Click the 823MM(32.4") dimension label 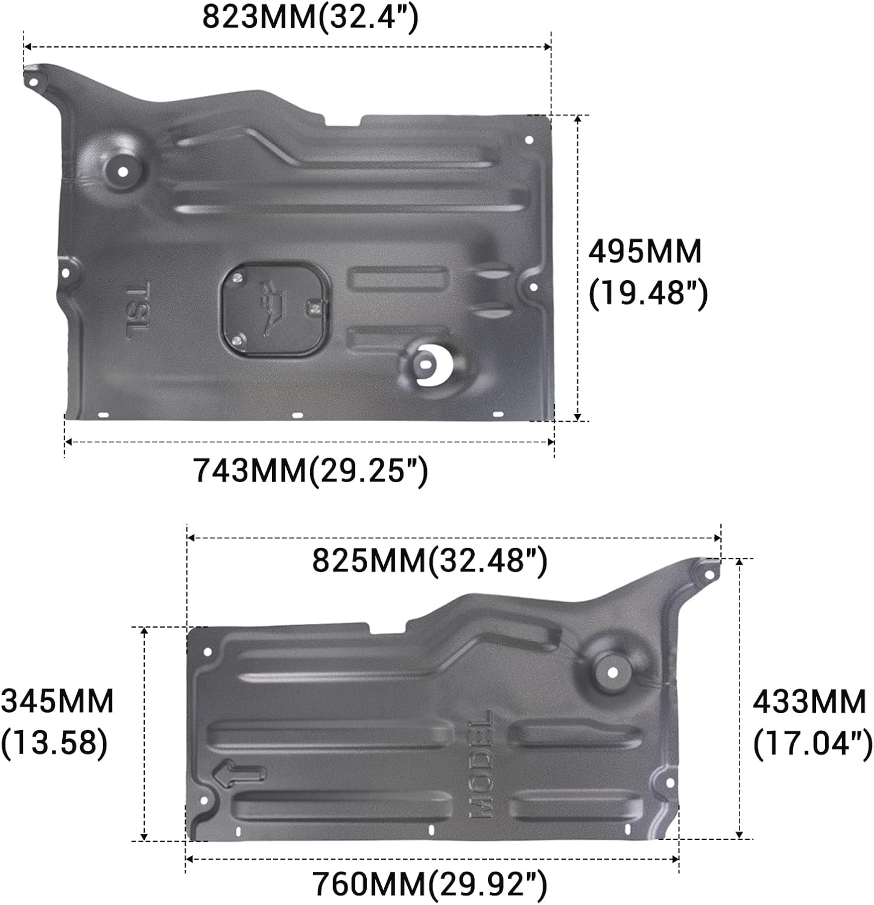[x=310, y=17]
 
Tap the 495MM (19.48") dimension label [x=648, y=273]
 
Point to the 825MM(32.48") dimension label [x=429, y=560]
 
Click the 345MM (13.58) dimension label [x=57, y=722]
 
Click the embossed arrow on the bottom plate [x=239, y=775]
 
